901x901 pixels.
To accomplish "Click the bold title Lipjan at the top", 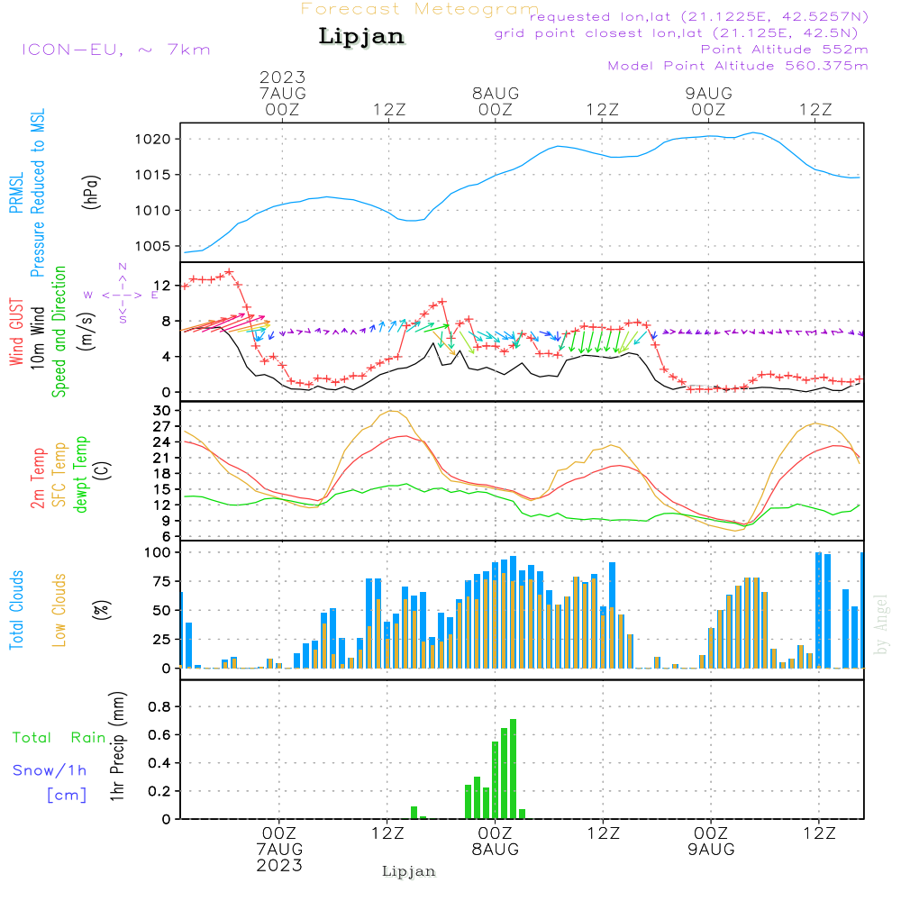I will (x=361, y=37).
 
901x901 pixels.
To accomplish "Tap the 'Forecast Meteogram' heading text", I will (x=420, y=10).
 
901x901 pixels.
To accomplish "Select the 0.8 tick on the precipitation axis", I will (x=159, y=706).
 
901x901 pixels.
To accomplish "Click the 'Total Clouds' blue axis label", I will (x=17, y=610).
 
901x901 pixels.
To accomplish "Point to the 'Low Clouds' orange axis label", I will (x=59, y=610).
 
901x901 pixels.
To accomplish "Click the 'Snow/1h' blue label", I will (x=50, y=771).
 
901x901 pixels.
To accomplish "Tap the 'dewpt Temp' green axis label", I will (x=81, y=475).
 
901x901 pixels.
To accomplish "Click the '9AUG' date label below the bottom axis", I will (x=711, y=850).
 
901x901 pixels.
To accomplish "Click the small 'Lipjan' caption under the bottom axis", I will (x=409, y=871).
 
